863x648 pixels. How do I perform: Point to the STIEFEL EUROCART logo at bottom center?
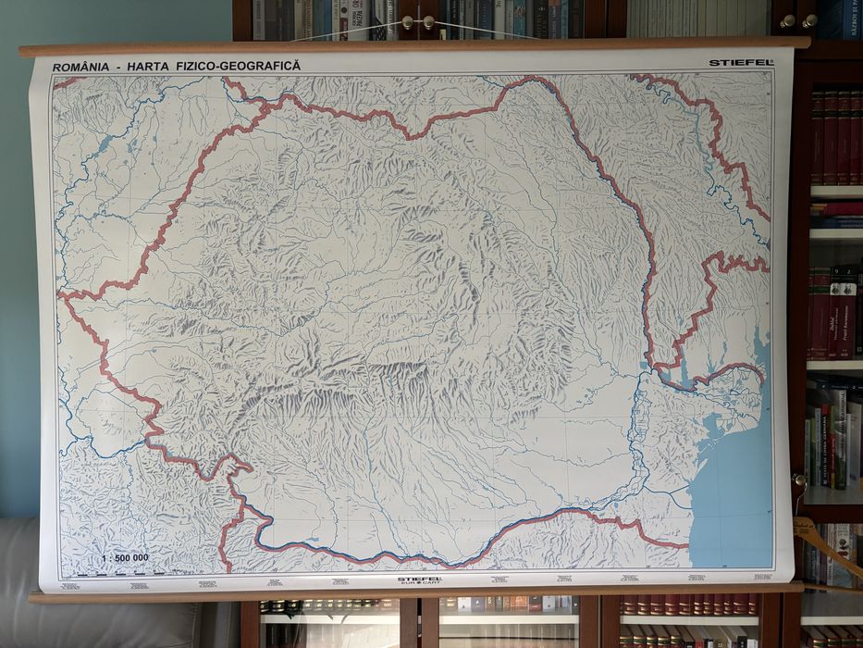419,580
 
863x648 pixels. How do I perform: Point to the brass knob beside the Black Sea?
798,480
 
